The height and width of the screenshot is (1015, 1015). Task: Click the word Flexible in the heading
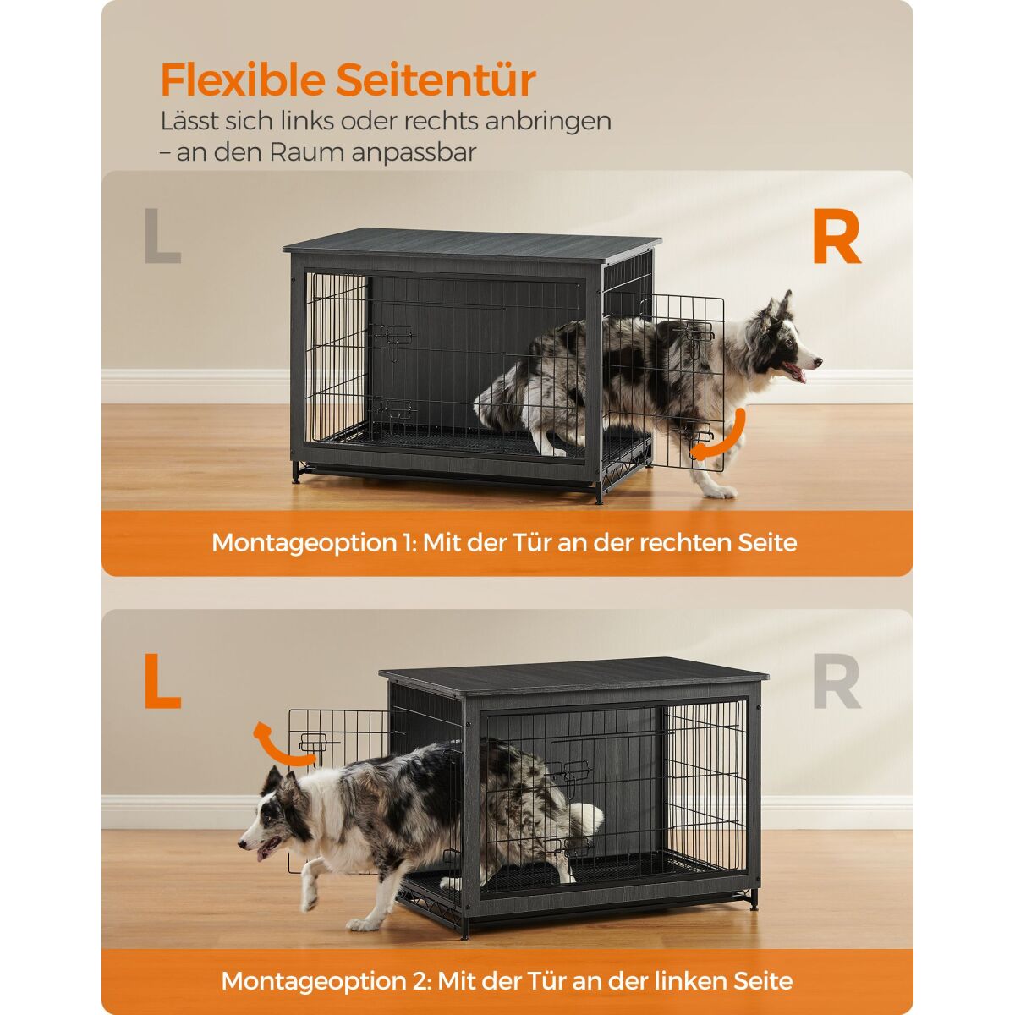point(243,80)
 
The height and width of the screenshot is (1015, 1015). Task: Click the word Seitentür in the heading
point(436,80)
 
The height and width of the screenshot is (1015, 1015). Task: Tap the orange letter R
point(837,237)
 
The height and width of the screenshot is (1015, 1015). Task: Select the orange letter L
point(162,682)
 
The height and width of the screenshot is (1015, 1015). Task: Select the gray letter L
point(162,235)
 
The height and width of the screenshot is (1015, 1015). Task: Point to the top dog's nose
point(817,362)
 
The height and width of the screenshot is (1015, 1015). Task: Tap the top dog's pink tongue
point(797,372)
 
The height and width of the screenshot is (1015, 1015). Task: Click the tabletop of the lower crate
point(574,676)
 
